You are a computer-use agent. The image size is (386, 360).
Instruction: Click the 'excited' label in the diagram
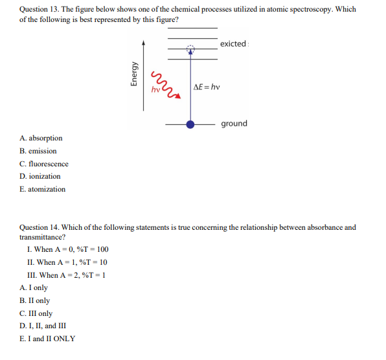point(233,44)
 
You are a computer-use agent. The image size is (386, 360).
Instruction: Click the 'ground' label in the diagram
point(234,124)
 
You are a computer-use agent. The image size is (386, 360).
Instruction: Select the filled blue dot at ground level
point(190,124)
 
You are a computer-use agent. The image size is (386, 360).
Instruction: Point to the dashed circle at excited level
point(190,49)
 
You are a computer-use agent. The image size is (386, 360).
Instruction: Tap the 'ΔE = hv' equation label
point(207,87)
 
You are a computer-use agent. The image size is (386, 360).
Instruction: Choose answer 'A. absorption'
point(41,138)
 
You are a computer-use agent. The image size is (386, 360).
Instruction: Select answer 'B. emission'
point(38,151)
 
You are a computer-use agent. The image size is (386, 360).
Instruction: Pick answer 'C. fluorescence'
point(44,164)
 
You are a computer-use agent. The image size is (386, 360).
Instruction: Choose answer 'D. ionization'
point(40,176)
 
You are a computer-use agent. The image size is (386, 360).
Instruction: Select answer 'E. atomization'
point(43,189)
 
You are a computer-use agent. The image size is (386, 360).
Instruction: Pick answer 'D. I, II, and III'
point(43,326)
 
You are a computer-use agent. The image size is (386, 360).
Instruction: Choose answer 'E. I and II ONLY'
point(47,339)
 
